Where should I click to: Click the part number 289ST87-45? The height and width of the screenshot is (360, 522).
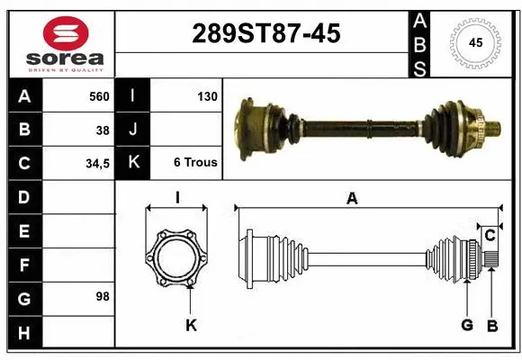point(266,33)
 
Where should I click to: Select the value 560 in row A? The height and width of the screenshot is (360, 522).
point(98,96)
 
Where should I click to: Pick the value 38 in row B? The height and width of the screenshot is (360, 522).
point(103,130)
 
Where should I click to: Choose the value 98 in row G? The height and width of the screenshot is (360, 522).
point(102,296)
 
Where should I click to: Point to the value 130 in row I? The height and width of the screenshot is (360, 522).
point(207,96)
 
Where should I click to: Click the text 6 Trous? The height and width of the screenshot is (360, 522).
point(195,163)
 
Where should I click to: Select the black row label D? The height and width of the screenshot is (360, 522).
point(23,196)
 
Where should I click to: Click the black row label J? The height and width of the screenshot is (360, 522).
point(133,130)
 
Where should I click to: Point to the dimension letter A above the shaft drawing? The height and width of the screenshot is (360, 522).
point(352,199)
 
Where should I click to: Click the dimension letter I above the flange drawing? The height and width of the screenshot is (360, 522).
point(177,199)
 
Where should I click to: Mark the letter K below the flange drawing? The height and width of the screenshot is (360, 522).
point(191,325)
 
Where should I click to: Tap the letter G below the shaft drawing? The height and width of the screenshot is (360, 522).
point(466,325)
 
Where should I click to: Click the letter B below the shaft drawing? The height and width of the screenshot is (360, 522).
point(491,325)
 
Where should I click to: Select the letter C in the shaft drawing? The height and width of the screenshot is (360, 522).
point(490,236)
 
